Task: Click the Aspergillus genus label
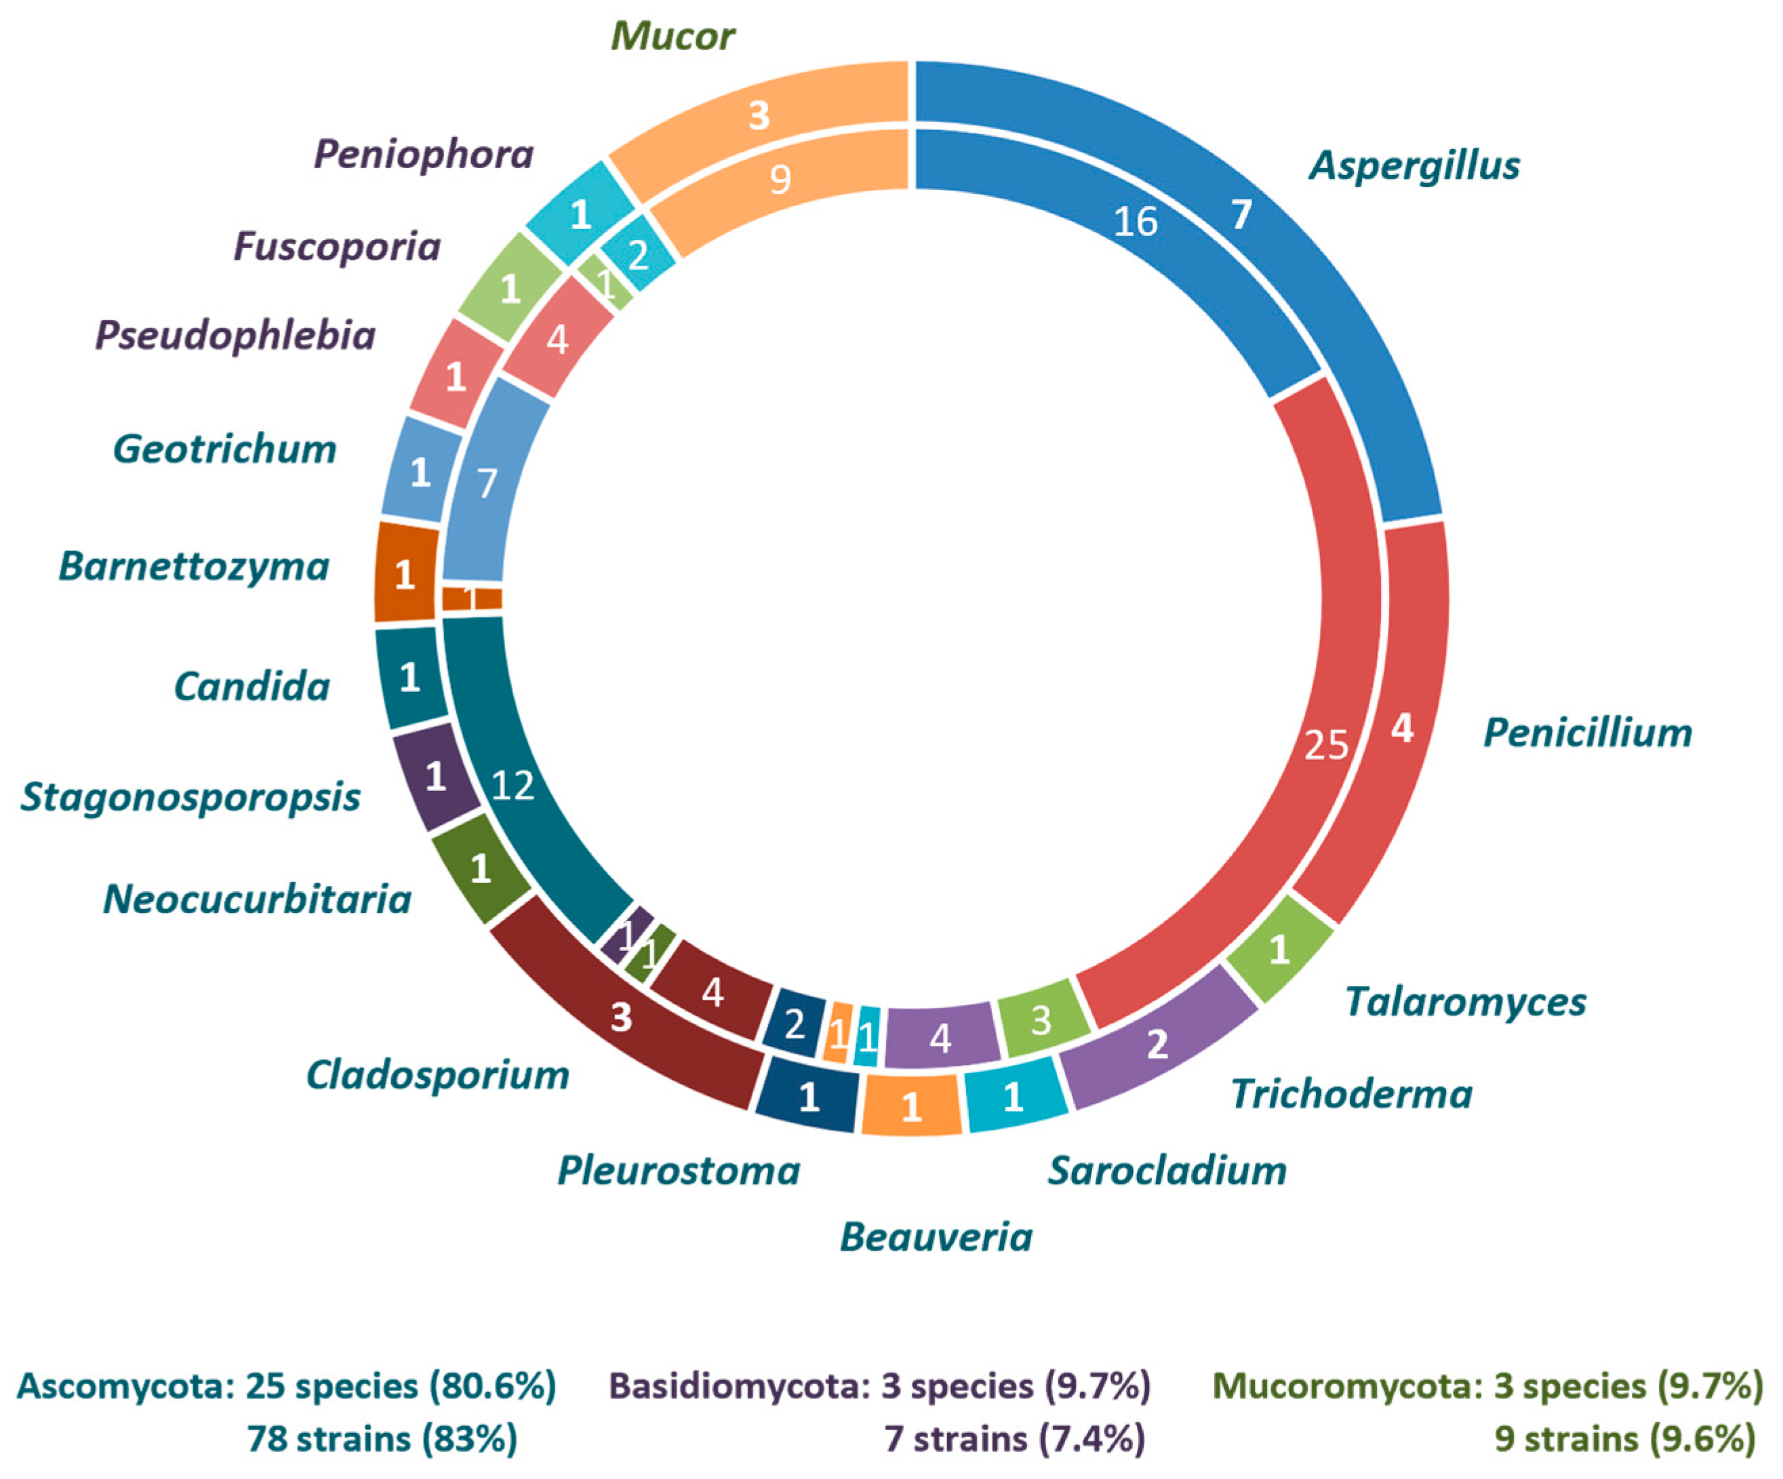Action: click(1414, 165)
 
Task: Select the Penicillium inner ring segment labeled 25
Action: click(1325, 745)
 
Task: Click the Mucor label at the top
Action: click(673, 36)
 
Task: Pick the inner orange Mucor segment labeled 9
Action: click(780, 179)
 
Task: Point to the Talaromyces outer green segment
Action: click(1279, 948)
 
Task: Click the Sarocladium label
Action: click(1167, 1170)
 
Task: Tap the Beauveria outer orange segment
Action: click(911, 1106)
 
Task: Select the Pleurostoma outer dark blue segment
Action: click(808, 1097)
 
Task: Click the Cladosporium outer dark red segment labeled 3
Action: click(622, 1015)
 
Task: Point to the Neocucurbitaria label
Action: click(257, 898)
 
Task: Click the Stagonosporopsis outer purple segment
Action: click(435, 775)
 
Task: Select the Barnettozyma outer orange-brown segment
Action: click(405, 575)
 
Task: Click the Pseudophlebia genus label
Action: click(235, 335)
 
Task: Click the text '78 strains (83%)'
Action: click(382, 1438)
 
